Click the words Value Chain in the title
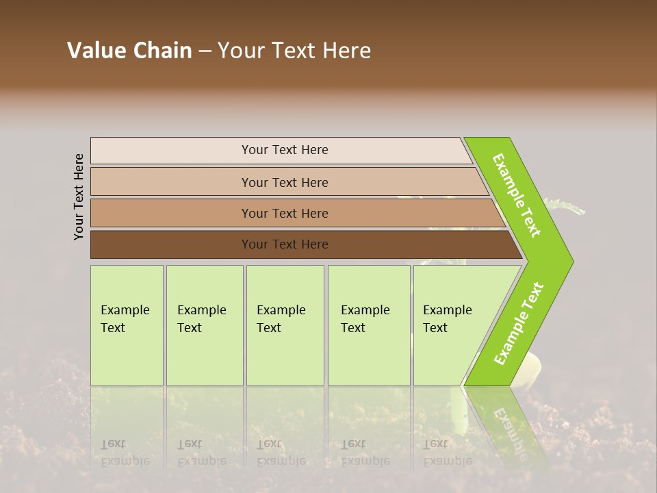tap(129, 51)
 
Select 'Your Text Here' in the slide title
tap(294, 51)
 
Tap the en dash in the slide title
tap(205, 51)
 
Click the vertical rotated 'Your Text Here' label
tap(79, 197)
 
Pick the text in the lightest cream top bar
tap(285, 150)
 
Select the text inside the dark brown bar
tap(285, 244)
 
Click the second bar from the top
tap(285, 182)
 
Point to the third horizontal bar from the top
tap(285, 214)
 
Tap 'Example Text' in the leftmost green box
tap(125, 319)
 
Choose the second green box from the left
tap(204, 325)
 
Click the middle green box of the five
tap(285, 325)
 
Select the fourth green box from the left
tap(368, 325)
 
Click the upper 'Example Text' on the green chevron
tap(517, 195)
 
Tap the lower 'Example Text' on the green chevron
tap(519, 323)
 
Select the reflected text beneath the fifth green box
tap(447, 453)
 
